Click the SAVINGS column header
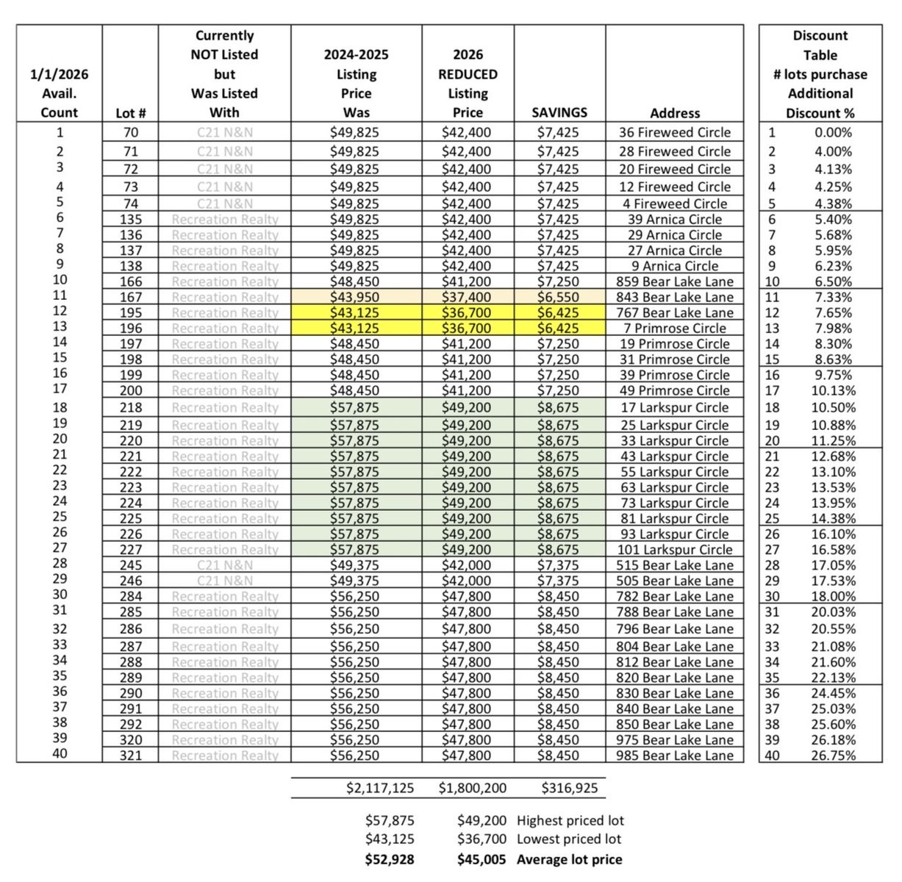tap(559, 113)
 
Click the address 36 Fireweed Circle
tap(674, 133)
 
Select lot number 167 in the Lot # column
tap(131, 298)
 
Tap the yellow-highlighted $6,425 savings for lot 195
tap(559, 313)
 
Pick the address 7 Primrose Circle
tap(674, 329)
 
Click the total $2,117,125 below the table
tap(380, 789)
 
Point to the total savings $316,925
tap(570, 789)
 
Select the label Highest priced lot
tap(570, 821)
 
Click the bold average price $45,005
tap(482, 860)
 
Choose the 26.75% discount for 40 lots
tap(833, 756)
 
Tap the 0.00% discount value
tap(833, 133)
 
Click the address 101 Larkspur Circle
tap(674, 550)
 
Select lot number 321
tap(131, 756)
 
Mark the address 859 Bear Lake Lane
tap(674, 282)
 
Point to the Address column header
tap(674, 113)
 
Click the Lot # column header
tap(131, 113)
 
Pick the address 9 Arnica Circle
tap(674, 266)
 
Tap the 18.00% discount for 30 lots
tap(833, 597)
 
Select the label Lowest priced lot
tap(569, 839)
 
